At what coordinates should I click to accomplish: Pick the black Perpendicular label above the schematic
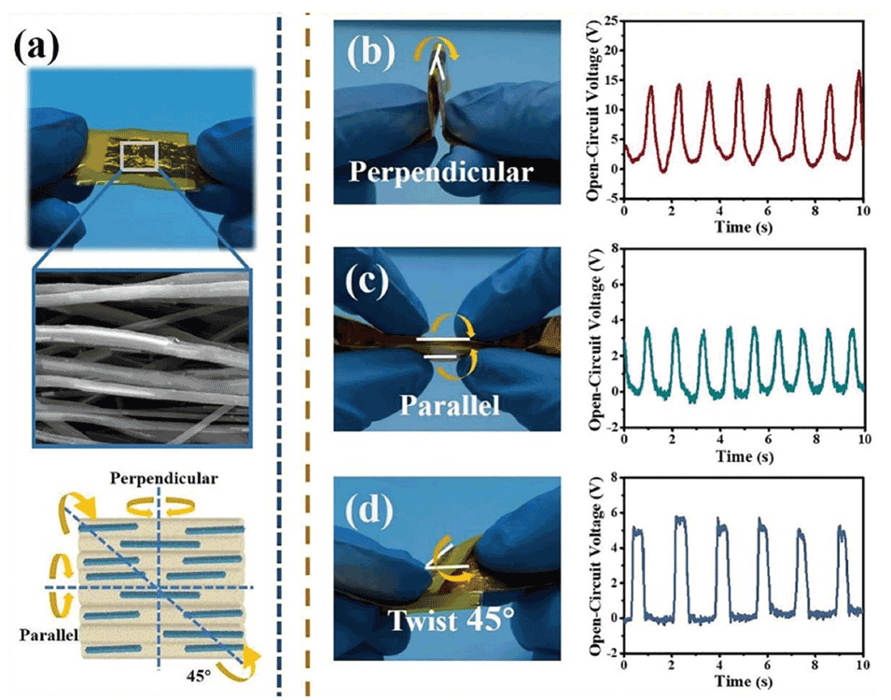pos(164,479)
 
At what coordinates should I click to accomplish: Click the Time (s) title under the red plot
pos(743,227)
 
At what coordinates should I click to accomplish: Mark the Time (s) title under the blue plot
pos(743,682)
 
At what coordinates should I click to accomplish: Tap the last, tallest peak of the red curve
pos(858,72)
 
